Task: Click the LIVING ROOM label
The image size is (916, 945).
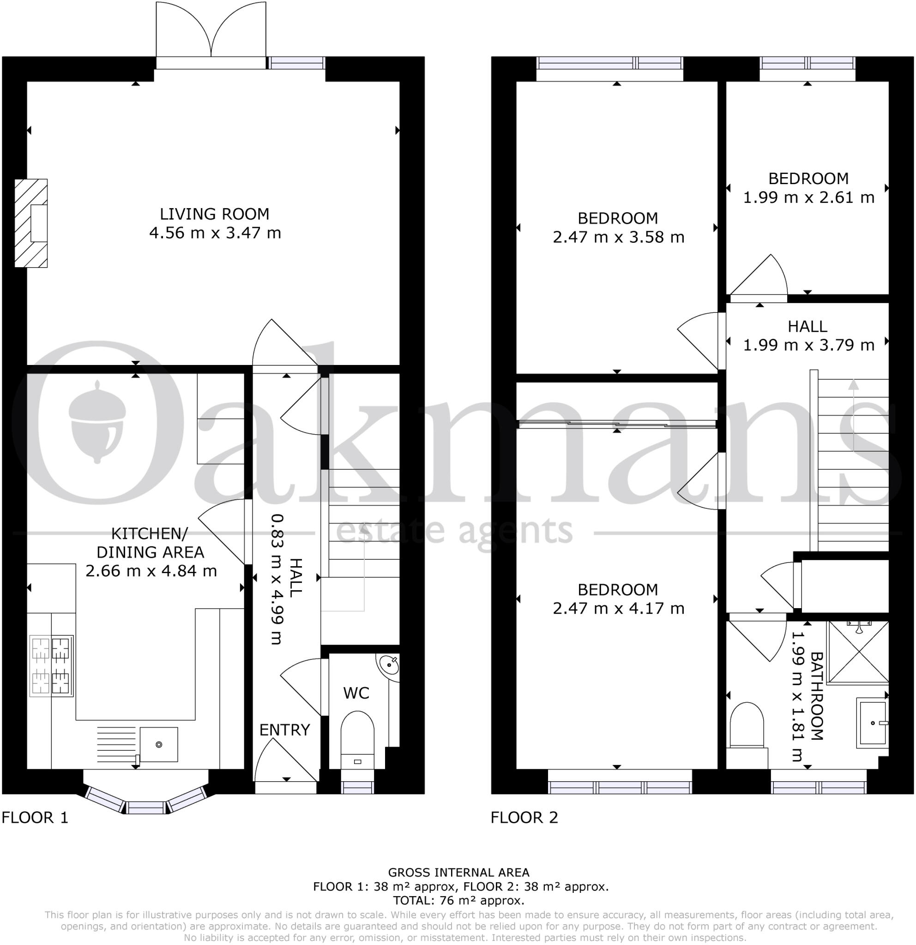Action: click(x=215, y=214)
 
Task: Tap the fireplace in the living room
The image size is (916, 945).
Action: click(x=32, y=223)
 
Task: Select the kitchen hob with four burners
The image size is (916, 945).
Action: click(x=51, y=665)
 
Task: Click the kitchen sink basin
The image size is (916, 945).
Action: click(x=159, y=744)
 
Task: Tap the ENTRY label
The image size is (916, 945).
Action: click(x=284, y=730)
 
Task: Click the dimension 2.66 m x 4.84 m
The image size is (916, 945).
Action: click(x=151, y=571)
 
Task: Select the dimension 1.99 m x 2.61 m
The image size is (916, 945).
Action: click(x=808, y=197)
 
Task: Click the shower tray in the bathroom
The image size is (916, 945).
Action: click(x=859, y=652)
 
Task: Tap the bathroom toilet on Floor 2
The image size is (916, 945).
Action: click(x=747, y=726)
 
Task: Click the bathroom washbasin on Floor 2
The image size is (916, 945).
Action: click(x=872, y=723)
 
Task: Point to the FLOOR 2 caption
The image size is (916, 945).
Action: click(x=524, y=817)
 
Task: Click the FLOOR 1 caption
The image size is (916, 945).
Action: click(x=35, y=817)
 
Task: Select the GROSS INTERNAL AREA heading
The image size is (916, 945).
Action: click(x=458, y=872)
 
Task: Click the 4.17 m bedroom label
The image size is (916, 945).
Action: click(x=618, y=599)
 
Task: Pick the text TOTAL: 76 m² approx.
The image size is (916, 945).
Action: click(x=458, y=900)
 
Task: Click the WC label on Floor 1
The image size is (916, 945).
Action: click(x=356, y=693)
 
